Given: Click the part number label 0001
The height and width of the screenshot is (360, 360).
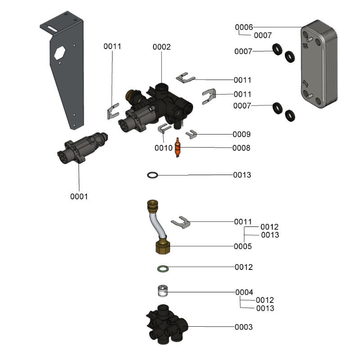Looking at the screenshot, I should pos(79,197).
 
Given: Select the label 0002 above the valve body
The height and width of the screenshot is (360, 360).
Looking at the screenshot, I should pos(162,47).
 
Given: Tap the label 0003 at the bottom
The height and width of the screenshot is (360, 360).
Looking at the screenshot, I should pos(243,327).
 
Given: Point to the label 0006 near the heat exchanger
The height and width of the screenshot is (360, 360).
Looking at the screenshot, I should pos(244,27).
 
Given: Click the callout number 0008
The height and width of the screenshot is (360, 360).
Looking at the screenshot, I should pos(241,148).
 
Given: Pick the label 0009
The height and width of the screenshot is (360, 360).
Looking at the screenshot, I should pos(242,134).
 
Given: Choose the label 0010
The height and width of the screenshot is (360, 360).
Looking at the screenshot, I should pos(163,148).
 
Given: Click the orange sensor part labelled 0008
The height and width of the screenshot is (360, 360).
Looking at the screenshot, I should pos(178,147).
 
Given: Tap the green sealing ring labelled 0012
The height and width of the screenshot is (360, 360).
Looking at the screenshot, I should pos(162,269).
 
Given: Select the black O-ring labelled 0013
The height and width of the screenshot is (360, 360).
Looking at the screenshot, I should pos(153,175).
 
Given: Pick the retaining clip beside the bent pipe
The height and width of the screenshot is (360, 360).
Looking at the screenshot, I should pos(181,222).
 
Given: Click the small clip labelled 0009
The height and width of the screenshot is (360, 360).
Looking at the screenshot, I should pos(193,134).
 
